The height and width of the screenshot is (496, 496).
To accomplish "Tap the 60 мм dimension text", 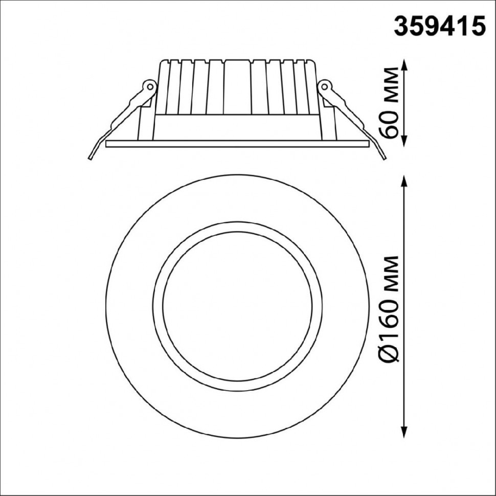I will [391, 102].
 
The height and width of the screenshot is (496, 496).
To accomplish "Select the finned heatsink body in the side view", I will [237, 87].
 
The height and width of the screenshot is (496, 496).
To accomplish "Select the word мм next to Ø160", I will [391, 276].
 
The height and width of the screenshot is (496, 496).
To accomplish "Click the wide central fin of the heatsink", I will [238, 87].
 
